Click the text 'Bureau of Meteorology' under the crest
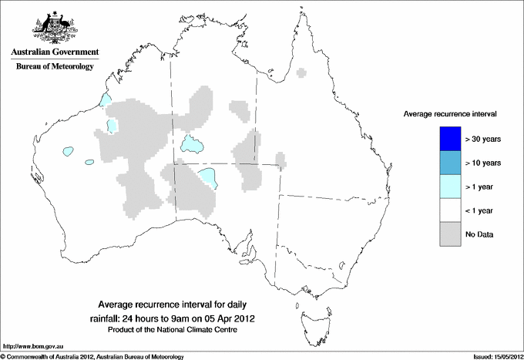pyautogui.click(x=55, y=66)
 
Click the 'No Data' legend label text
pyautogui.click(x=479, y=234)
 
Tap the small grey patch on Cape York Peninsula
pyautogui.click(x=301, y=75)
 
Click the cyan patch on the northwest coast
pyautogui.click(x=105, y=98)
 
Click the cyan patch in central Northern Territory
pyautogui.click(x=192, y=143)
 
